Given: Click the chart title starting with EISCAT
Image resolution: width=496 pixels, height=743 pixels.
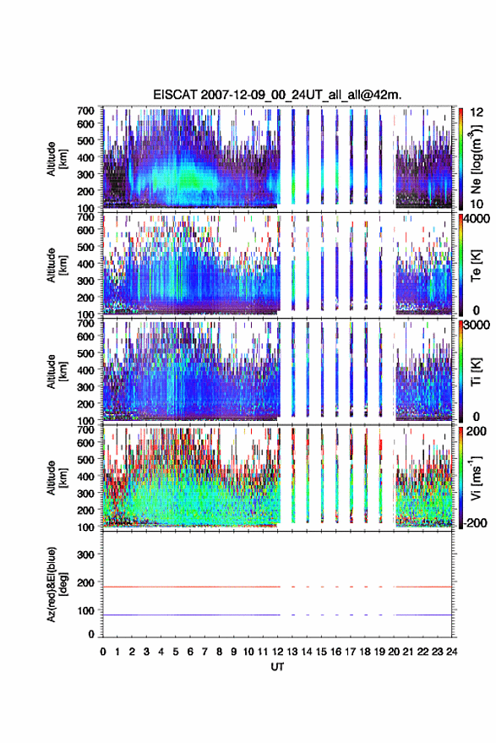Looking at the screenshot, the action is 277,95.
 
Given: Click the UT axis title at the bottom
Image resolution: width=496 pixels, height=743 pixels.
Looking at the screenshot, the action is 278,667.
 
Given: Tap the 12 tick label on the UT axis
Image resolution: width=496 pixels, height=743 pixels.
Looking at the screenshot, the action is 278,652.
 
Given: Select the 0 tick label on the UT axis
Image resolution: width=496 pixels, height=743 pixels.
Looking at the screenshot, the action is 103,652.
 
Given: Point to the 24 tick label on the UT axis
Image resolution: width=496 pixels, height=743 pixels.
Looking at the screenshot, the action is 452,652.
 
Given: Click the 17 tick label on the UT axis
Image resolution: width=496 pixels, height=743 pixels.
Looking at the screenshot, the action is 350,652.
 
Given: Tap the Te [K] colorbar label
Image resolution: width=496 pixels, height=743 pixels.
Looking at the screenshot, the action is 476,265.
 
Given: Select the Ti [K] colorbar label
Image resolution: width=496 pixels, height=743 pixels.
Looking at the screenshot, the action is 476,372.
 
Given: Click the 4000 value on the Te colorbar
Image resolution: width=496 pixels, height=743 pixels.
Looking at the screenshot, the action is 477,220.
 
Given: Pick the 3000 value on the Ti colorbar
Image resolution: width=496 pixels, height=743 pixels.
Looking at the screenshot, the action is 477,325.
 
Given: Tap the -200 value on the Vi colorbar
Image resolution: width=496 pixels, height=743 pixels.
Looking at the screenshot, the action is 476,522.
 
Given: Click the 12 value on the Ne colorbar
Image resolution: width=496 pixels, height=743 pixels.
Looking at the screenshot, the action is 477,112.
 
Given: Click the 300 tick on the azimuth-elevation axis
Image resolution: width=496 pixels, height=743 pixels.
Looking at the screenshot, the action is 85,555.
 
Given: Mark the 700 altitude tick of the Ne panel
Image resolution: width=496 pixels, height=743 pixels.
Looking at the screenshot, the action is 85,111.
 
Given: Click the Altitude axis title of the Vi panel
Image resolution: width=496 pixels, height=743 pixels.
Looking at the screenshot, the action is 56,478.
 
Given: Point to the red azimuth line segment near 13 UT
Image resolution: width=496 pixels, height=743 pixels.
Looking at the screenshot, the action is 293,587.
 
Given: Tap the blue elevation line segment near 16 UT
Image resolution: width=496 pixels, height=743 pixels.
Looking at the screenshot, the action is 337,615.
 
